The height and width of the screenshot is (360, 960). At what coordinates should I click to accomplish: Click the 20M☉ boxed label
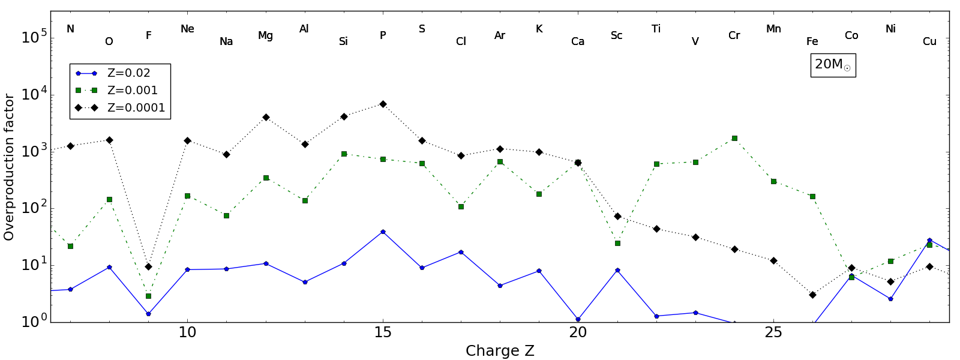click(x=833, y=65)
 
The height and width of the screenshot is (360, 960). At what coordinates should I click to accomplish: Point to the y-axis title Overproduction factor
click(x=9, y=167)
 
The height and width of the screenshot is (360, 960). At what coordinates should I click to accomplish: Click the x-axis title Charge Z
click(x=500, y=351)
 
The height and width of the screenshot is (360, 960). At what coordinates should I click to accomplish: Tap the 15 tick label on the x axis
click(x=383, y=332)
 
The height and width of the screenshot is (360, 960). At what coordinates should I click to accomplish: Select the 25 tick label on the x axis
click(x=773, y=332)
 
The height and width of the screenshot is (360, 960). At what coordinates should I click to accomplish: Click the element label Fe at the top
click(x=812, y=41)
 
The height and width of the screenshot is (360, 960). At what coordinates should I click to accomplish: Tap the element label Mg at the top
click(x=265, y=36)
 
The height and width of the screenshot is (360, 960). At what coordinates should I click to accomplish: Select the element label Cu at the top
click(x=929, y=41)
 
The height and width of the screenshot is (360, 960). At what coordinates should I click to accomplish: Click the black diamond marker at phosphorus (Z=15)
click(x=383, y=104)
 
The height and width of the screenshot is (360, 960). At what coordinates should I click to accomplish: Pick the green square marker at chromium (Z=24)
click(x=734, y=138)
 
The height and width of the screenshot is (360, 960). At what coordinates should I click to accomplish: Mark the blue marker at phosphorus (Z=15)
click(x=383, y=232)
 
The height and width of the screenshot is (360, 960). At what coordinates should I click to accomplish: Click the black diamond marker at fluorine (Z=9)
click(x=148, y=266)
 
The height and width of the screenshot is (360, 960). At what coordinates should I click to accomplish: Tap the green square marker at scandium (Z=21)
click(x=617, y=243)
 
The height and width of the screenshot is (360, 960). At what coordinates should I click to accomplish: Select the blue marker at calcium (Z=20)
click(x=578, y=319)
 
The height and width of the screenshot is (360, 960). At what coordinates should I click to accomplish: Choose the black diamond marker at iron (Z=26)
click(x=812, y=295)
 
